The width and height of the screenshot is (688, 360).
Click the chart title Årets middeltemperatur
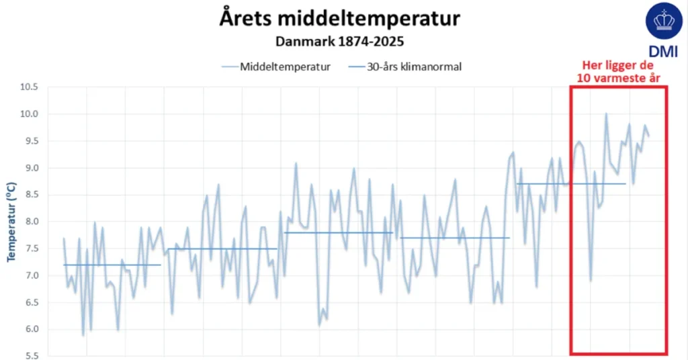point(340,18)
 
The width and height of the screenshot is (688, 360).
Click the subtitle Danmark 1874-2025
point(339,41)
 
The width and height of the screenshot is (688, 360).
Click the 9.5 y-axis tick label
point(30,141)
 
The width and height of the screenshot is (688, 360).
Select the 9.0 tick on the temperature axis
point(30,168)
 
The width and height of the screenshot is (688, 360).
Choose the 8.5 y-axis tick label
point(30,195)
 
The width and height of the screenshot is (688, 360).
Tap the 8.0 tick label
point(30,222)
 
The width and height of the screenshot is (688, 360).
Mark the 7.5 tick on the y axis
point(30,249)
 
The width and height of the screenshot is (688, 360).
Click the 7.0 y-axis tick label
point(30,275)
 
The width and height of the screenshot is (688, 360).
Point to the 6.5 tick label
point(30,302)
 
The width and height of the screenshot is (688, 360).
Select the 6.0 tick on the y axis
point(30,329)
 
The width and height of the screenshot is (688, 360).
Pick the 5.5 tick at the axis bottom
point(30,356)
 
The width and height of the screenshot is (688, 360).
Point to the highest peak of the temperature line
point(606,114)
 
